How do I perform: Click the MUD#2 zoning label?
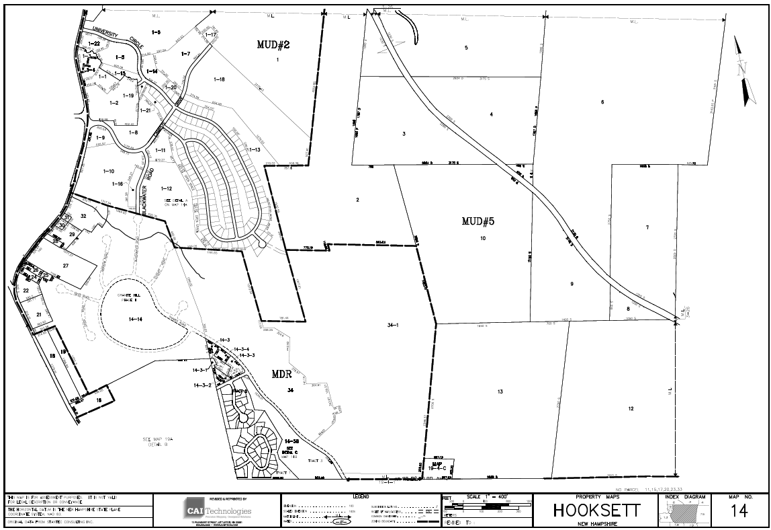[273, 45]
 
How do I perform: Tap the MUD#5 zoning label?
[478, 221]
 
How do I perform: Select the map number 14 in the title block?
[739, 512]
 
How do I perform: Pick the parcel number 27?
[66, 266]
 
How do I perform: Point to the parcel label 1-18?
[219, 80]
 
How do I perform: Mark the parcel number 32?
[83, 216]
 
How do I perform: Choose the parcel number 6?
[602, 102]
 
